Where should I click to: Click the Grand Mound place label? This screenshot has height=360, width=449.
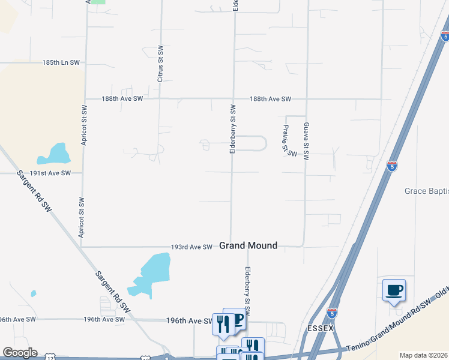[x=248, y=245]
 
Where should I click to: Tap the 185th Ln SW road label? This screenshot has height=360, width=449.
[x=61, y=62]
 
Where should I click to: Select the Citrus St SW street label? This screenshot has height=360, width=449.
[x=160, y=64]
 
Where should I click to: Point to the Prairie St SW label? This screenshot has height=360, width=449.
[x=289, y=140]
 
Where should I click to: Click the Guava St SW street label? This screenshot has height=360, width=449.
[x=306, y=142]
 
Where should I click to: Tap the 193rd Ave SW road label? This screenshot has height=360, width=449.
[x=191, y=247]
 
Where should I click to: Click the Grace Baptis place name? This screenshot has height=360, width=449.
[x=426, y=191]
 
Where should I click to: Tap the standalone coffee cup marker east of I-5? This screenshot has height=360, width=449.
[x=394, y=291]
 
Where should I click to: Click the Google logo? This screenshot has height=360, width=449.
[x=20, y=353]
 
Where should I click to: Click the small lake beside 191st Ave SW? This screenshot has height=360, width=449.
[x=55, y=155]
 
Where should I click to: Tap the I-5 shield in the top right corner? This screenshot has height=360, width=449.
[x=444, y=36]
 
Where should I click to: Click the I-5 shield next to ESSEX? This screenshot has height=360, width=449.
[x=332, y=313]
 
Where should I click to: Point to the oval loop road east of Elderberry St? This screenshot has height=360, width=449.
[x=251, y=143]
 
